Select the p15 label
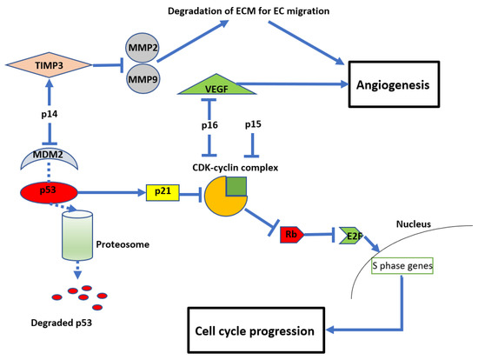(254, 125)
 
